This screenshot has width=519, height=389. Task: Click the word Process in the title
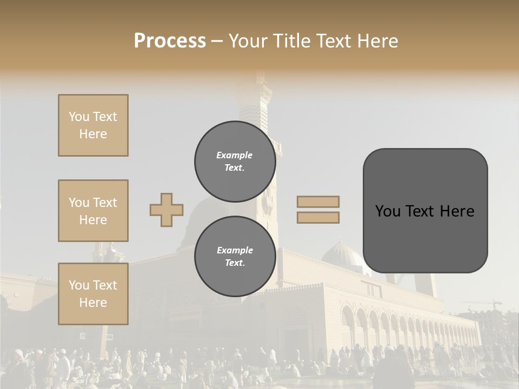tap(170, 41)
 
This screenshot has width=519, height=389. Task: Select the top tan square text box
tap(93, 125)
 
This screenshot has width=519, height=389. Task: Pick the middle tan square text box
tap(93, 211)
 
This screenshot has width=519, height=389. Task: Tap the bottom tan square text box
tap(93, 294)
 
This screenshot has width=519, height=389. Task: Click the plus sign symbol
tap(167, 210)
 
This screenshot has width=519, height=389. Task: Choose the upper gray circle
tap(235, 161)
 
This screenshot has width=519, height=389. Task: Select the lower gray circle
tap(235, 256)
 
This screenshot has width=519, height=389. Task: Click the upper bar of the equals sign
tap(318, 202)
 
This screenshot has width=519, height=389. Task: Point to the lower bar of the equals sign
tap(318, 217)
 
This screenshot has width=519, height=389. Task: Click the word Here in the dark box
tap(457, 211)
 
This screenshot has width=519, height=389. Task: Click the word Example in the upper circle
tap(235, 155)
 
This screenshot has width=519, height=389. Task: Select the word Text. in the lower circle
tap(235, 263)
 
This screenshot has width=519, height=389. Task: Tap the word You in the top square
tap(79, 117)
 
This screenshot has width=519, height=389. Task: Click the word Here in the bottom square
tap(93, 303)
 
